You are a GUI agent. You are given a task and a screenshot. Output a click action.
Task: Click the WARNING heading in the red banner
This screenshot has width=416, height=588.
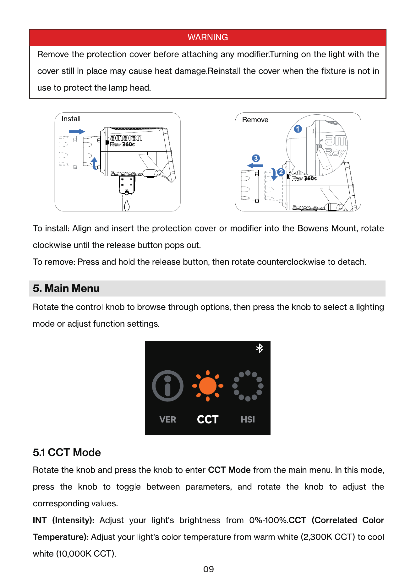pos(208,37)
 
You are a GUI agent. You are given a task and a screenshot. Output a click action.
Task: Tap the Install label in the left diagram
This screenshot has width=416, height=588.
pos(71,119)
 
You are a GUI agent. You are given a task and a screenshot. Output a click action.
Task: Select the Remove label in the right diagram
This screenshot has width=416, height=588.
pos(255,120)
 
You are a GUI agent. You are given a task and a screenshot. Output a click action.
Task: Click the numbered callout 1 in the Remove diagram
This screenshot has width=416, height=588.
pos(298,129)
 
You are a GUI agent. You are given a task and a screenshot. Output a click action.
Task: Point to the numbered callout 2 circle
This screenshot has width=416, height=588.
pos(281,172)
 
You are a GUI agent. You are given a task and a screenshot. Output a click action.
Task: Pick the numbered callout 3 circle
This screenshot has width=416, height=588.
pos(256,158)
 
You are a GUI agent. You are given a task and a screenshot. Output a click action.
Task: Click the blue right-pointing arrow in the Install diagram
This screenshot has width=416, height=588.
pos(77,132)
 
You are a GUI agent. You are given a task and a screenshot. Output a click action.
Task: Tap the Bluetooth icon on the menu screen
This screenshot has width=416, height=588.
pos(259,348)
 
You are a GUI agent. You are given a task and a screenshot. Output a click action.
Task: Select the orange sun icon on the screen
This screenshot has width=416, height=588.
pos(208,386)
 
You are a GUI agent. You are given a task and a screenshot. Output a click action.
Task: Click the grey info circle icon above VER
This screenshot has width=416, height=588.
pos(168,386)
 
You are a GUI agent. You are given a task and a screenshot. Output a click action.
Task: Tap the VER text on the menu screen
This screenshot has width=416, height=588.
pos(168,420)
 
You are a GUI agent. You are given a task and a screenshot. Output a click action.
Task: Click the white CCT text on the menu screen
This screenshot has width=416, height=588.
pos(208,420)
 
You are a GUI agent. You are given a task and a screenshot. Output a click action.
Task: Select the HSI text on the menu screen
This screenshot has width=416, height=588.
pos(248,420)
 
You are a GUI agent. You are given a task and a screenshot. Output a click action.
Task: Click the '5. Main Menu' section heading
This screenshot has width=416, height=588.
pos(66,288)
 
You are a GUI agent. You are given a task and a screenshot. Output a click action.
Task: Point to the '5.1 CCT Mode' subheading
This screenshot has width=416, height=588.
pos(67,453)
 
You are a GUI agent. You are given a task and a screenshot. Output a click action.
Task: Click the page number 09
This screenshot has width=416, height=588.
pos(209,569)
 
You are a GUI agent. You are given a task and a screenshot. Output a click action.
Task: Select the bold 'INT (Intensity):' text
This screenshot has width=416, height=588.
pos(63,520)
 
